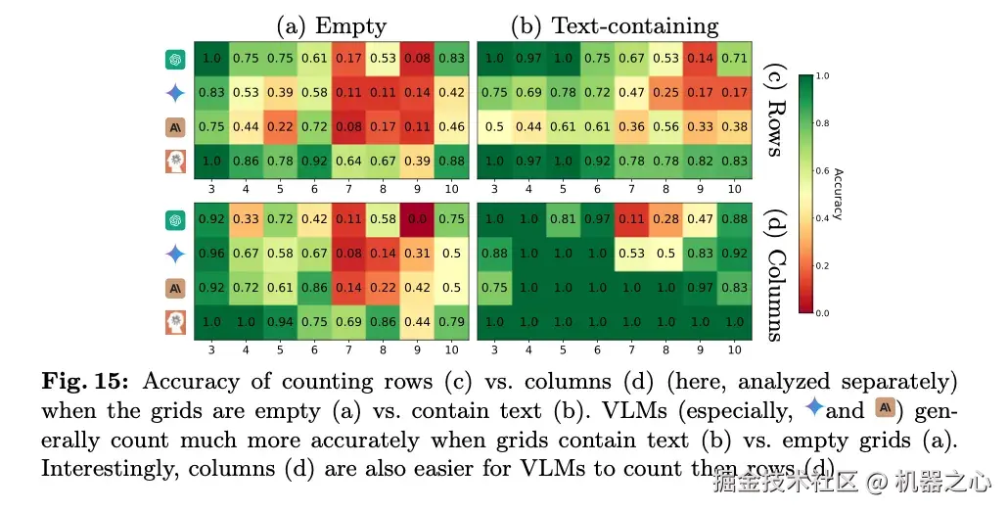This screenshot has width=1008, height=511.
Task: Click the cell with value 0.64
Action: (x=348, y=159)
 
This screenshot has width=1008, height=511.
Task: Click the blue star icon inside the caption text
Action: (x=811, y=408)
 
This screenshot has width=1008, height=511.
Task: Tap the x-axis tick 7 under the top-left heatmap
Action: (x=348, y=188)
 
